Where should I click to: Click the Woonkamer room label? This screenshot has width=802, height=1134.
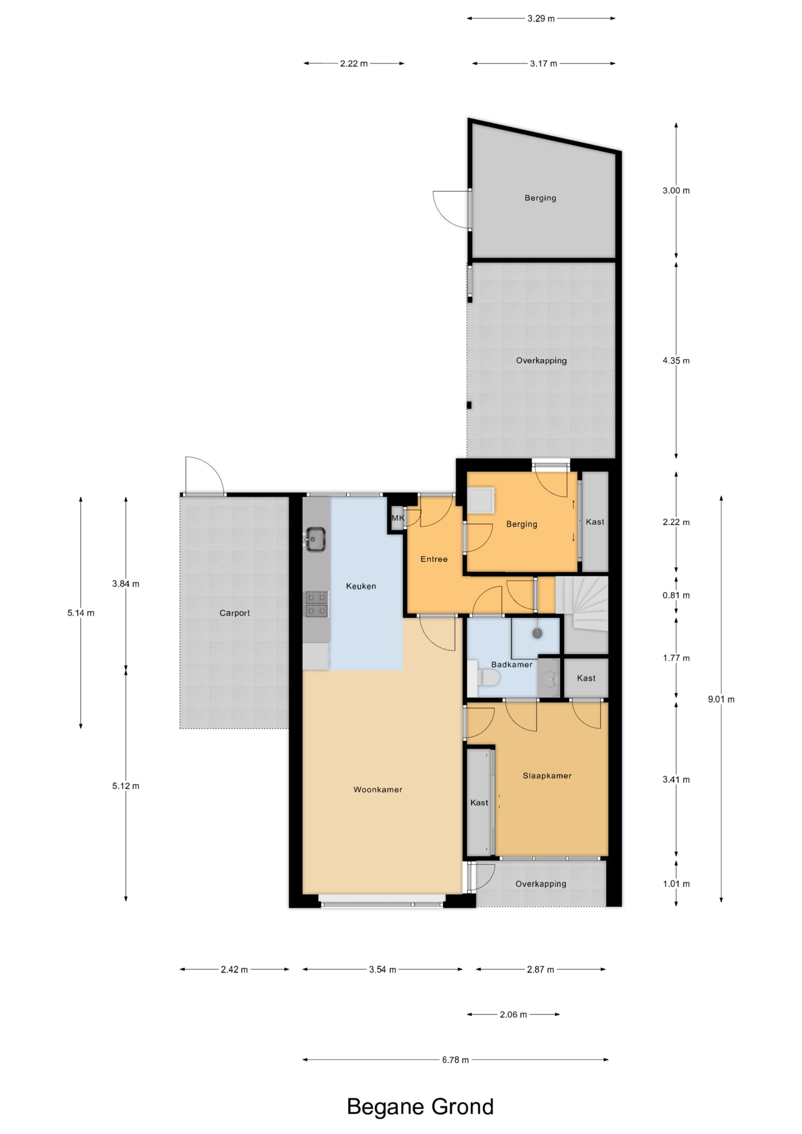coord(378,789)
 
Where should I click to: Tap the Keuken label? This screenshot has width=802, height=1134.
coord(361,586)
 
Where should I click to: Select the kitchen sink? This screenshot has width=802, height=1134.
coord(316,539)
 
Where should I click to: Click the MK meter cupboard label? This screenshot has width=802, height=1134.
coord(398,518)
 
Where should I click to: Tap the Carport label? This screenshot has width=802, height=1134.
coord(235,613)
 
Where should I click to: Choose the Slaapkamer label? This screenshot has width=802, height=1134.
coord(547,776)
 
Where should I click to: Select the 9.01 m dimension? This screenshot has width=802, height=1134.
coord(721,699)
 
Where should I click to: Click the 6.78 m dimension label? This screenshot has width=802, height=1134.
coord(455,1059)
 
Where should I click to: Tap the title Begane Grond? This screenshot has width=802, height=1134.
coord(420,1107)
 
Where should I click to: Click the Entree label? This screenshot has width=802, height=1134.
coord(434,559)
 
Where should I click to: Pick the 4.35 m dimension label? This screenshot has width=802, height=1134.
coord(676,361)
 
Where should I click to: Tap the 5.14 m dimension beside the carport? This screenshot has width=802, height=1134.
coord(81,613)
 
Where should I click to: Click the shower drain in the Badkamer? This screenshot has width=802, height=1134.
coord(537,633)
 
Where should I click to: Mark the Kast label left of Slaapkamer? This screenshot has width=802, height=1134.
coord(479,803)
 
